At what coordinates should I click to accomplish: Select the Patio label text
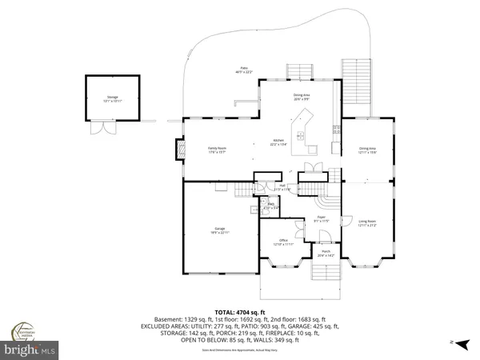click(242, 70)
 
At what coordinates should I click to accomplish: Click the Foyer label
click(321, 217)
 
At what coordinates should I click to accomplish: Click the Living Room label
click(367, 222)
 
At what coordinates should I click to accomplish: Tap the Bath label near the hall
click(271, 205)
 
